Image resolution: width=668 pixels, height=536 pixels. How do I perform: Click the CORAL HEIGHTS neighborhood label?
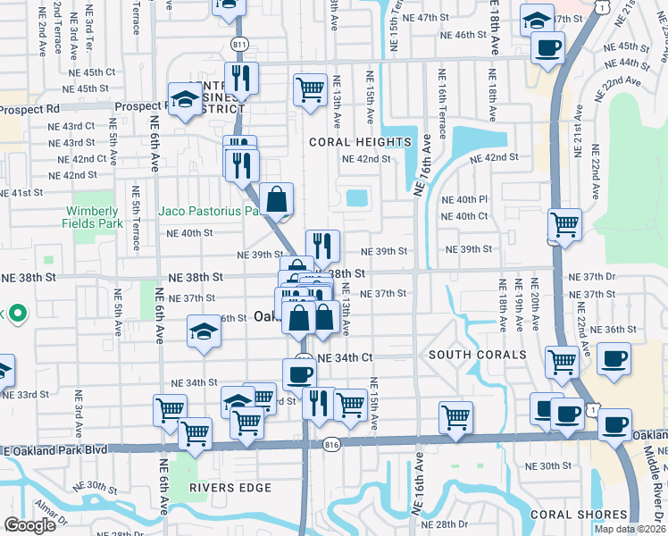[x=360, y=142]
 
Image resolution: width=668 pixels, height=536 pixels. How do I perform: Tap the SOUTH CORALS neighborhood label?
[x=478, y=355]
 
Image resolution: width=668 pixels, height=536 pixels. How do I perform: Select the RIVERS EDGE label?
[x=230, y=488]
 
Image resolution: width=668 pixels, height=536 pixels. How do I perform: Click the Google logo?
[x=29, y=524]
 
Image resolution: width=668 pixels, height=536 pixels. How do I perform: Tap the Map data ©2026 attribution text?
[x=630, y=529]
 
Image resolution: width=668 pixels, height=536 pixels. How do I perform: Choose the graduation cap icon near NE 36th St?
[x=204, y=333]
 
